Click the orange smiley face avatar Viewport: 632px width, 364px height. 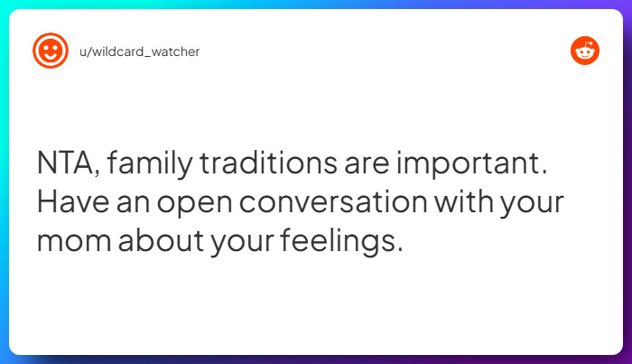coord(51,51)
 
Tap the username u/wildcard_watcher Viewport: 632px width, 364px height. coord(139,51)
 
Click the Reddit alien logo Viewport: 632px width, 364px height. coord(585,51)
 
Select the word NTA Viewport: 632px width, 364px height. coord(64,163)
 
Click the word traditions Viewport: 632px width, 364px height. coord(268,162)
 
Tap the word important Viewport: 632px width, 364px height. coord(469,163)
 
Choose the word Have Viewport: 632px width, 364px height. coord(73,201)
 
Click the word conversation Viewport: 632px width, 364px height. coord(333,201)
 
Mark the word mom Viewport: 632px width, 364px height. coord(74,241)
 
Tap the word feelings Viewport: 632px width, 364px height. coord(338,241)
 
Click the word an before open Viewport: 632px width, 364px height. coord(133,202)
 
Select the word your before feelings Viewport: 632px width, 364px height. coord(242,243)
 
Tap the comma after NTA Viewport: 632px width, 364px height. coord(98,173)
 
